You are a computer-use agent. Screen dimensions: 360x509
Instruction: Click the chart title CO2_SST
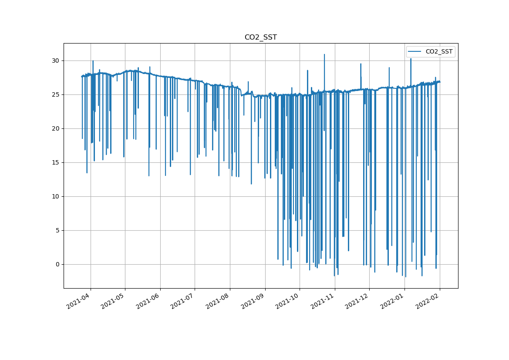click(x=260, y=37)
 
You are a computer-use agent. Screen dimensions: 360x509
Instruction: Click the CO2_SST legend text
click(x=439, y=52)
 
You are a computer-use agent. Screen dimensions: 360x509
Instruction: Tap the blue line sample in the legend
click(x=415, y=52)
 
